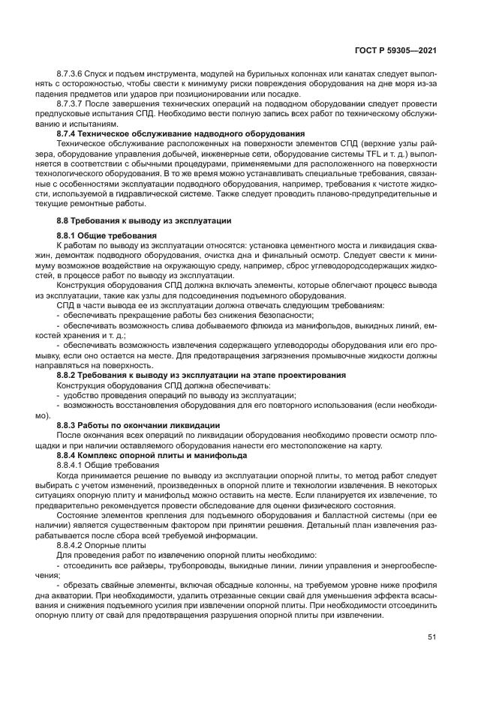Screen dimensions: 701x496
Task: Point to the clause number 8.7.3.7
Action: coord(72,103)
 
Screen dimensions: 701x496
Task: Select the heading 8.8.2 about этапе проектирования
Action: coord(201,374)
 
